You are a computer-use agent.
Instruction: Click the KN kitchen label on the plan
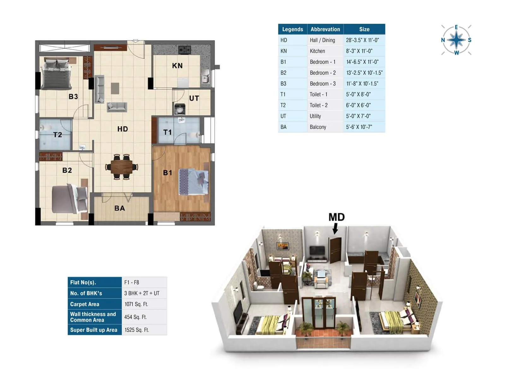click(177, 66)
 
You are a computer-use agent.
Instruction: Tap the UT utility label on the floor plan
click(194, 98)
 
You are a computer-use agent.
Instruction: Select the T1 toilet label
click(167, 132)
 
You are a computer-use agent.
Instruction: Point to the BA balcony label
click(119, 208)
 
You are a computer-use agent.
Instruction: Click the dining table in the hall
click(122, 167)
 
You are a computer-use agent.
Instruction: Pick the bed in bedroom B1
click(193, 182)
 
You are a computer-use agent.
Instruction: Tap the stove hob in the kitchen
click(184, 50)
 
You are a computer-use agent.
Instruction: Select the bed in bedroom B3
click(56, 75)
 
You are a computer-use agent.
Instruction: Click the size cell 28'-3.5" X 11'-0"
click(362, 40)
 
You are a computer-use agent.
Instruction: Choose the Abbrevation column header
click(325, 29)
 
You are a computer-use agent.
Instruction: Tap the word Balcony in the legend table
click(318, 127)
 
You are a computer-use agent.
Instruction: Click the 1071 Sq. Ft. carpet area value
click(136, 304)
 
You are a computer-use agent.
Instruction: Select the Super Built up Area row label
click(94, 330)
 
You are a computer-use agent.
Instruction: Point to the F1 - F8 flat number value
click(131, 282)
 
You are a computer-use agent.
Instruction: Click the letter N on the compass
click(443, 40)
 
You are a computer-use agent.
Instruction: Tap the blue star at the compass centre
click(456, 40)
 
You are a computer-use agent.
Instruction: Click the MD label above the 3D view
click(336, 217)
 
